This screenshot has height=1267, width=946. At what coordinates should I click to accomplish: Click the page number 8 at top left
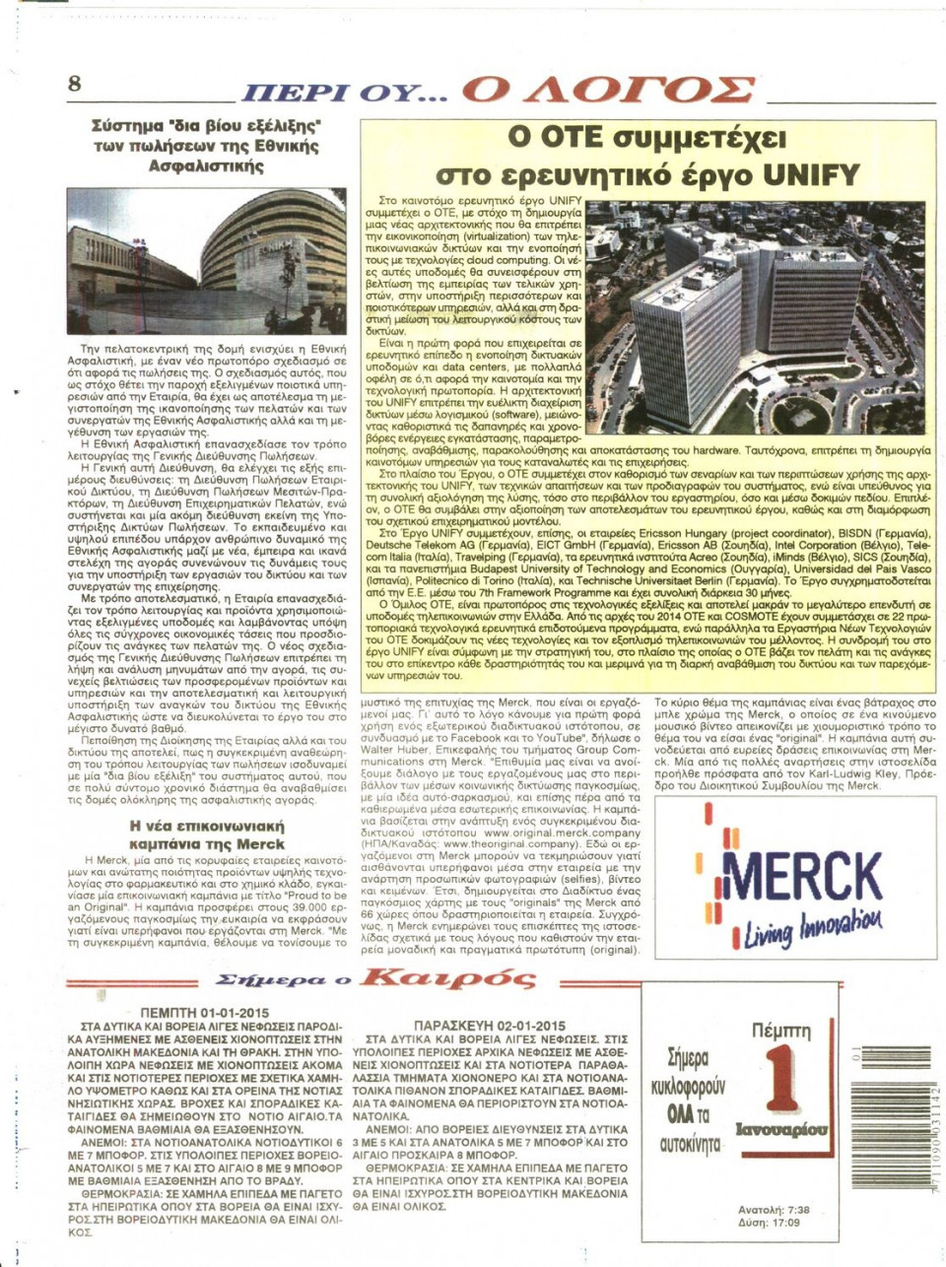(x=75, y=83)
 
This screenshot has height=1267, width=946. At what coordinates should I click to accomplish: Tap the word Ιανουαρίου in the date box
(x=781, y=1129)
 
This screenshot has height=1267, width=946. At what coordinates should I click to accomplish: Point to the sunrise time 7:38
(x=792, y=1210)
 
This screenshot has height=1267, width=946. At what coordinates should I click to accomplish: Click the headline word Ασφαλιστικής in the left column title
(x=206, y=166)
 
